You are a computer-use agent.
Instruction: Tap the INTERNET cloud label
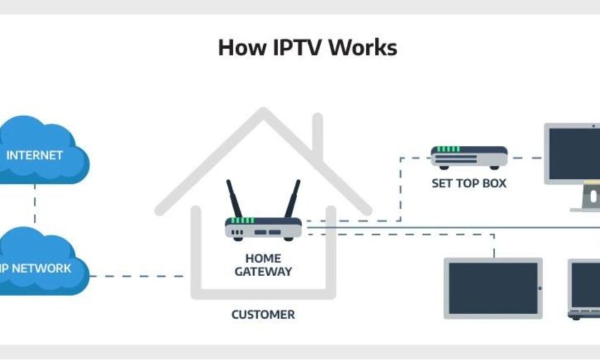coord(34,155)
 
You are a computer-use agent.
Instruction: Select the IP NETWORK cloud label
coord(36,269)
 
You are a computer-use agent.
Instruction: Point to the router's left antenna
coord(235,199)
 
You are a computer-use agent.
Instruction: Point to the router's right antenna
coord(292,199)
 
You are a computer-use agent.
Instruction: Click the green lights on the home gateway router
coord(242,220)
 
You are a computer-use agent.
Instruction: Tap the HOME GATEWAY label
coord(263,265)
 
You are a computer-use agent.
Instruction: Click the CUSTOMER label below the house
coord(263,315)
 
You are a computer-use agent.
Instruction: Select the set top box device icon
coord(469,157)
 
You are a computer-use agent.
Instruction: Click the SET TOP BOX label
coord(469,184)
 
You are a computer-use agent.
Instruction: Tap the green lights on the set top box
coord(448,150)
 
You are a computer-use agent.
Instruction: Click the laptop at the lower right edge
coord(585,290)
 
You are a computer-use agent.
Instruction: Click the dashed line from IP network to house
coord(138,276)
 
